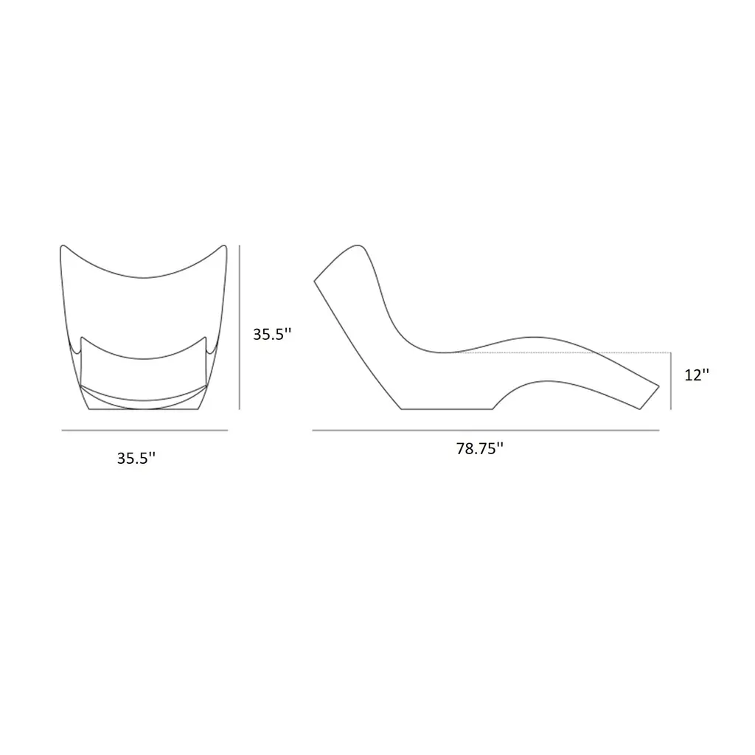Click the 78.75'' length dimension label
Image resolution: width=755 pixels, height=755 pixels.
(x=479, y=448)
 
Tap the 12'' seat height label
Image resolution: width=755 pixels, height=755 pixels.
(x=697, y=375)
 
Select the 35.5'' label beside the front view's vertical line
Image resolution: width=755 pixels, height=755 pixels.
(x=272, y=334)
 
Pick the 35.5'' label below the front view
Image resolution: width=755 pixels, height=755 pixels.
(x=136, y=458)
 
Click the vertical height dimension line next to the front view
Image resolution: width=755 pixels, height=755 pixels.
(x=240, y=327)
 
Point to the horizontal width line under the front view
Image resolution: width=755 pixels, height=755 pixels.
(x=145, y=430)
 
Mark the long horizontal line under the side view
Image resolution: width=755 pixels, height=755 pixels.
(x=485, y=430)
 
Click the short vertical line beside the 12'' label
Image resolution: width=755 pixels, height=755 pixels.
(x=671, y=381)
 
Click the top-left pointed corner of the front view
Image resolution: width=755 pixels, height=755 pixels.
(x=62, y=246)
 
